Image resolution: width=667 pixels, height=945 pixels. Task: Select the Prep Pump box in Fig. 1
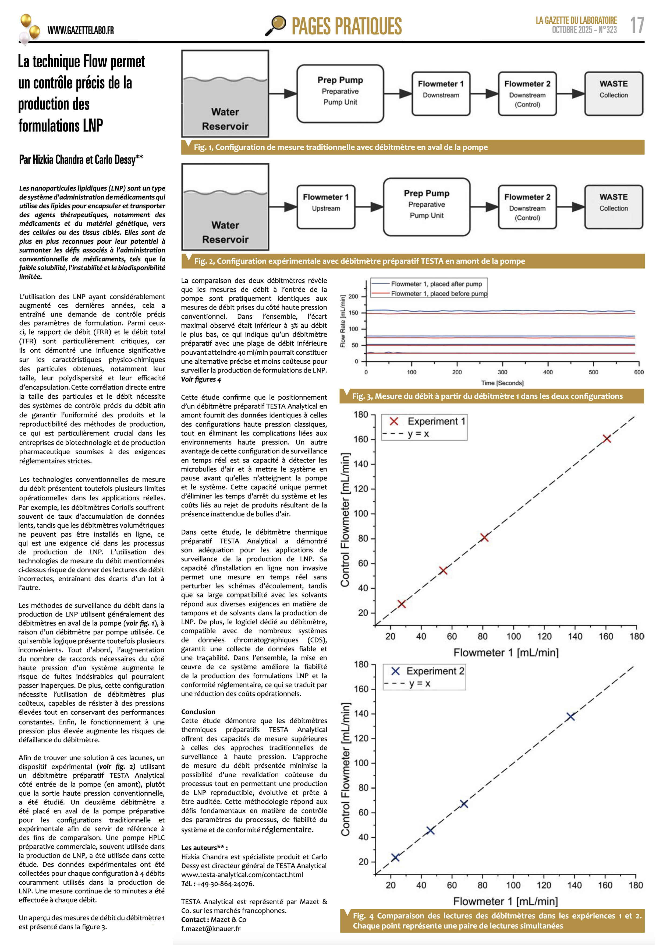coord(340,94)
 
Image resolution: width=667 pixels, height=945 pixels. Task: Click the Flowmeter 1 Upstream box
coord(326,207)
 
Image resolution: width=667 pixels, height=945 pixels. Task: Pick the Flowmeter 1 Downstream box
coord(441,94)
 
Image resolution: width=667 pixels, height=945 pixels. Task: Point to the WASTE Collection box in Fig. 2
coord(613,207)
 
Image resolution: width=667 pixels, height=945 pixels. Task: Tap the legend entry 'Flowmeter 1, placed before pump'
coord(439,293)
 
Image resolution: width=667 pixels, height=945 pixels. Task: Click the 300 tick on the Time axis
coord(502,372)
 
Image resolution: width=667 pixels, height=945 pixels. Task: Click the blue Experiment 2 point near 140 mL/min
coord(570,716)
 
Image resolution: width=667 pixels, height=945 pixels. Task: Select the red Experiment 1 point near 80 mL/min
coord(484,538)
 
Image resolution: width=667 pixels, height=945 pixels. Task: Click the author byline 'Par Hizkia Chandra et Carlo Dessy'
coord(81,160)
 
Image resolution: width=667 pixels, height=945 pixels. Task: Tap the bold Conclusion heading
coord(198,712)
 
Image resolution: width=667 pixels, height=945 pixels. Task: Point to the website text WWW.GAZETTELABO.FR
coord(81,30)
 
